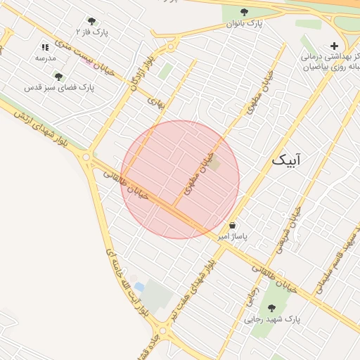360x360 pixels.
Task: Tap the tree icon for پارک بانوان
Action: click(244, 12)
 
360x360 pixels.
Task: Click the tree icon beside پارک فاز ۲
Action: click(91, 21)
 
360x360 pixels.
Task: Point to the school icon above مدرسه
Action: click(46, 47)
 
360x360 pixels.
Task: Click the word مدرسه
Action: click(46, 58)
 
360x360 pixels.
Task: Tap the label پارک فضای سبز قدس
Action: click(59, 87)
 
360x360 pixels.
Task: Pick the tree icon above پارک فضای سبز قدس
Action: click(58, 76)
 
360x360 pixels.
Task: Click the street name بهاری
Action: click(155, 102)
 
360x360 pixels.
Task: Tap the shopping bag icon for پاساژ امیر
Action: click(232, 226)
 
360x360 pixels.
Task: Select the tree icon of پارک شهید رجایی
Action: click(272, 307)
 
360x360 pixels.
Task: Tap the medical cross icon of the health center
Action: click(334, 46)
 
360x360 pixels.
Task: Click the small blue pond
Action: click(139, 287)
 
